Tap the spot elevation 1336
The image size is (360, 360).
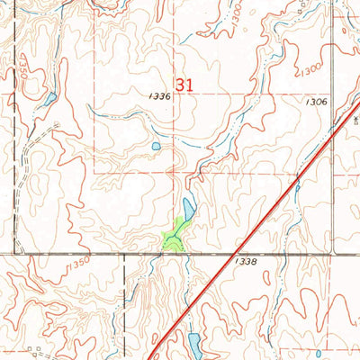[x=160, y=94]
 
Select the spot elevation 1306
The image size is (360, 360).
[x=316, y=103]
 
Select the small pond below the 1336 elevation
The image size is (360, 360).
[x=156, y=146]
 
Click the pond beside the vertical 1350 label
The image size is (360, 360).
[x=50, y=97]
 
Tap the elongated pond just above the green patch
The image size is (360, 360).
[x=188, y=208]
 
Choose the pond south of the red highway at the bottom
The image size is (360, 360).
[x=194, y=341]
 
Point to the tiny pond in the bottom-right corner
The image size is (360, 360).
[x=330, y=354]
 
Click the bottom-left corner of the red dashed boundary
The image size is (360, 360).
[x=95, y=173]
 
